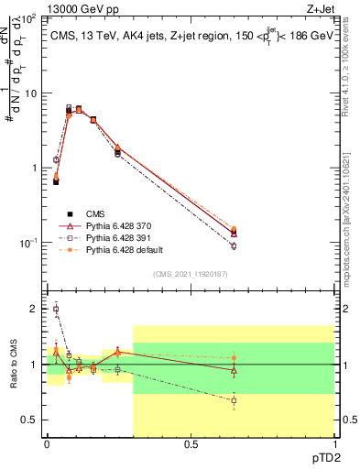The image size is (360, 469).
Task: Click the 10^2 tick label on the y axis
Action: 28,17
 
